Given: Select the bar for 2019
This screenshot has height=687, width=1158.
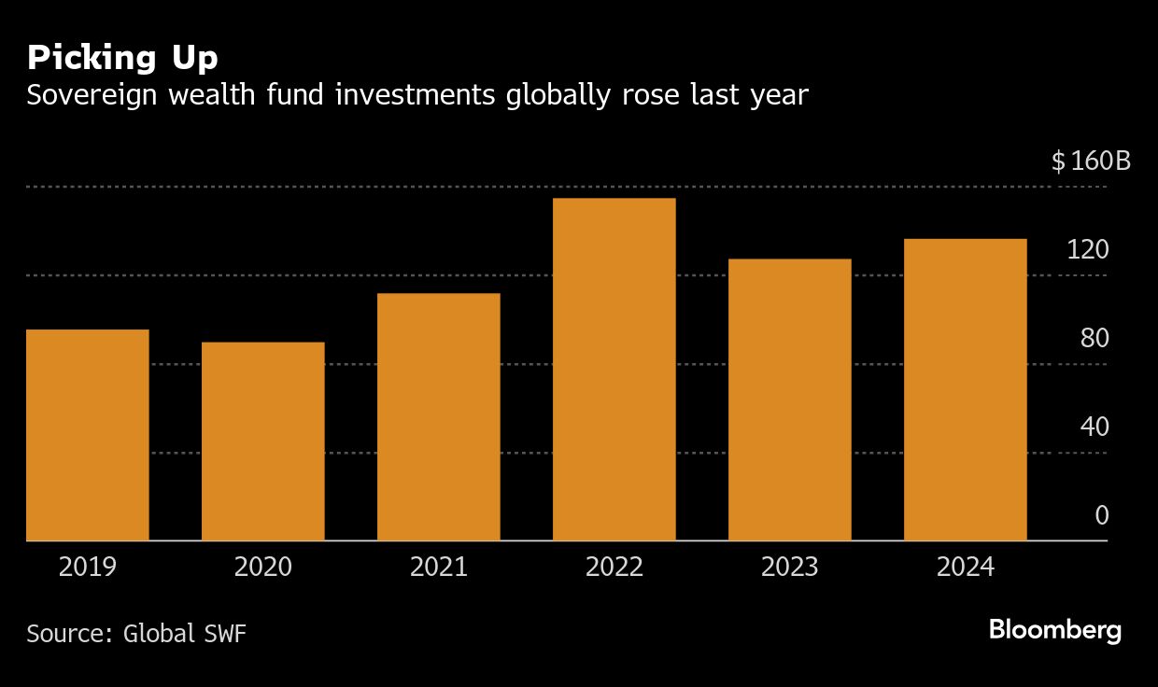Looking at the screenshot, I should click(88, 435).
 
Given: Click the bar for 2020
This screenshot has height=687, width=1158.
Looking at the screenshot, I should click(263, 442).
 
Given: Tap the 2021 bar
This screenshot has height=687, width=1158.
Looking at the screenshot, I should click(439, 417).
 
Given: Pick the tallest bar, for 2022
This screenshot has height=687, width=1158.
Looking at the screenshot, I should click(614, 370).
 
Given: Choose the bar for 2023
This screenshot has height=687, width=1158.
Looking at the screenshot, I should click(790, 400).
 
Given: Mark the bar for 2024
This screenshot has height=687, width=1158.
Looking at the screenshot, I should click(966, 390).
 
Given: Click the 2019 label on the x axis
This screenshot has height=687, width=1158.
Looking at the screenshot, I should click(88, 567).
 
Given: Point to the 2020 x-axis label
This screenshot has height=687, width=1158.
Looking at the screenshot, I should click(263, 567).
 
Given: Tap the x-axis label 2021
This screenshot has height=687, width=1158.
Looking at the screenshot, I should click(439, 567).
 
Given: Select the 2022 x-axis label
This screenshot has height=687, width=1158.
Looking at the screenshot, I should click(614, 567).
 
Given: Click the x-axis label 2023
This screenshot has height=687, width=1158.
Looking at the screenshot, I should click(790, 567).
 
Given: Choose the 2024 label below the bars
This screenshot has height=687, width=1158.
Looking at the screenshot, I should click(966, 567).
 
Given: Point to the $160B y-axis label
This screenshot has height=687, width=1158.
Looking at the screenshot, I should click(1091, 161).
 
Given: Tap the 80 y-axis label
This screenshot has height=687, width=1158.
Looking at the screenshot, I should click(1094, 338).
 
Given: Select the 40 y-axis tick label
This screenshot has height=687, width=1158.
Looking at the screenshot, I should click(1094, 427).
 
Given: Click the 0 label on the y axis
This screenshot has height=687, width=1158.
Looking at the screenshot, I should click(1101, 515).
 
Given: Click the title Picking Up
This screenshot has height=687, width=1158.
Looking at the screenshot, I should click(122, 58).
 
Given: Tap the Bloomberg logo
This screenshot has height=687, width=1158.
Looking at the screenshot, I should click(1055, 630).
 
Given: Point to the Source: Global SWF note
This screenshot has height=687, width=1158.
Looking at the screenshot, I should click(136, 633).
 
